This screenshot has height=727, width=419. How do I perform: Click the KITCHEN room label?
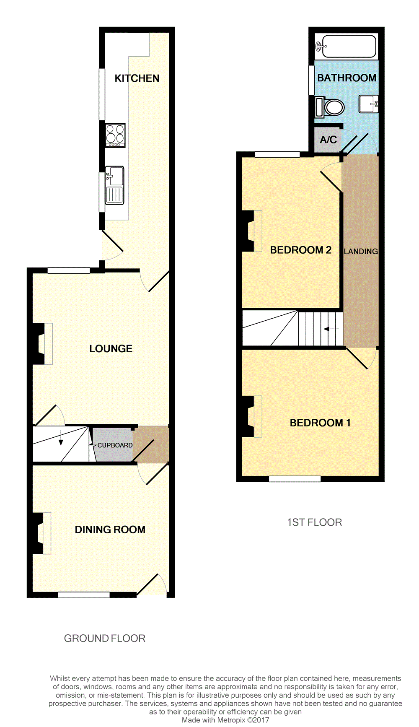tap(137, 78)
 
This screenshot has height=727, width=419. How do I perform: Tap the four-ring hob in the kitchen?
tap(115, 135)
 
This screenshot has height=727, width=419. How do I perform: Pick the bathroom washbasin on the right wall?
tap(369, 104)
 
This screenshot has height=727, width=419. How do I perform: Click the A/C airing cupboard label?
tap(328, 140)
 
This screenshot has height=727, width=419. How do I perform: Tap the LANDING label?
tap(361, 252)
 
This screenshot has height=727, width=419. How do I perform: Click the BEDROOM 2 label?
tap(300, 250)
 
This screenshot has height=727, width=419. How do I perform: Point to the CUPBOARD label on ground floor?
tap(115, 445)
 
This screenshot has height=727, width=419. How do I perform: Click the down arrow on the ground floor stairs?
tap(61, 438)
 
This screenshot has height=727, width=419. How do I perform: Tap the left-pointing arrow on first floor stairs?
tap(331, 329)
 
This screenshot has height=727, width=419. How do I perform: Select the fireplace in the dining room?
tap(41, 533)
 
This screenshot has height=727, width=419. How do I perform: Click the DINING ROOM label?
tap(110, 530)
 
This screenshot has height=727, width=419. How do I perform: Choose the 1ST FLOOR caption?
tap(314, 522)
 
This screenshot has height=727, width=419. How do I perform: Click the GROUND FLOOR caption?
tap(104, 639)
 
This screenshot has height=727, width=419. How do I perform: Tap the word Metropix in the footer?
tap(231, 720)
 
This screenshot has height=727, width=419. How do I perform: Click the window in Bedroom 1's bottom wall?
tap(295, 479)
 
